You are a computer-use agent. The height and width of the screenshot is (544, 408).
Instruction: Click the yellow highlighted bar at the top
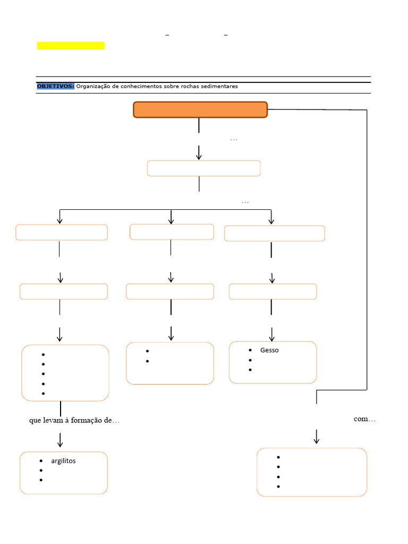click(71, 46)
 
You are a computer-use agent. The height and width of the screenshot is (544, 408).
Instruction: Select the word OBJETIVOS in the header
click(55, 86)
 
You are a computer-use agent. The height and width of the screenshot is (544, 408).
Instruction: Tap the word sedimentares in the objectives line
click(220, 86)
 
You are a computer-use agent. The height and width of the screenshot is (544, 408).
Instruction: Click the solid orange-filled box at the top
click(200, 109)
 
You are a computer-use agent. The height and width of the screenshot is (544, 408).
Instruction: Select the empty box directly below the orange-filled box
click(203, 168)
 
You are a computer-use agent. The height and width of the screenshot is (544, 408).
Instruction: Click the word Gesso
click(269, 350)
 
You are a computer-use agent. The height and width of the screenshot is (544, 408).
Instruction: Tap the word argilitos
click(63, 461)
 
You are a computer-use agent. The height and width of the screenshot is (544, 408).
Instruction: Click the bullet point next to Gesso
click(250, 350)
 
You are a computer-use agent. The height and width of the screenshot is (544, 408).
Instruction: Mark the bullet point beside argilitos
click(41, 461)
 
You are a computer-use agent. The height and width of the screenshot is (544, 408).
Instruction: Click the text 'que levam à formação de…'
click(74, 420)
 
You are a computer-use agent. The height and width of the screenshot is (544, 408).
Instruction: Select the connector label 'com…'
click(364, 419)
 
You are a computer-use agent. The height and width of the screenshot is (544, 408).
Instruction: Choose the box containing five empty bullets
click(65, 373)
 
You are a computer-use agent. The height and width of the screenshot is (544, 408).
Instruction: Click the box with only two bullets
click(170, 363)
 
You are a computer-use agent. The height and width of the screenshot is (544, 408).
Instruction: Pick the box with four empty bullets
click(311, 472)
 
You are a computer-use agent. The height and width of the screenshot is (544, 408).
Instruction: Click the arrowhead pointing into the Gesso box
click(271, 337)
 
